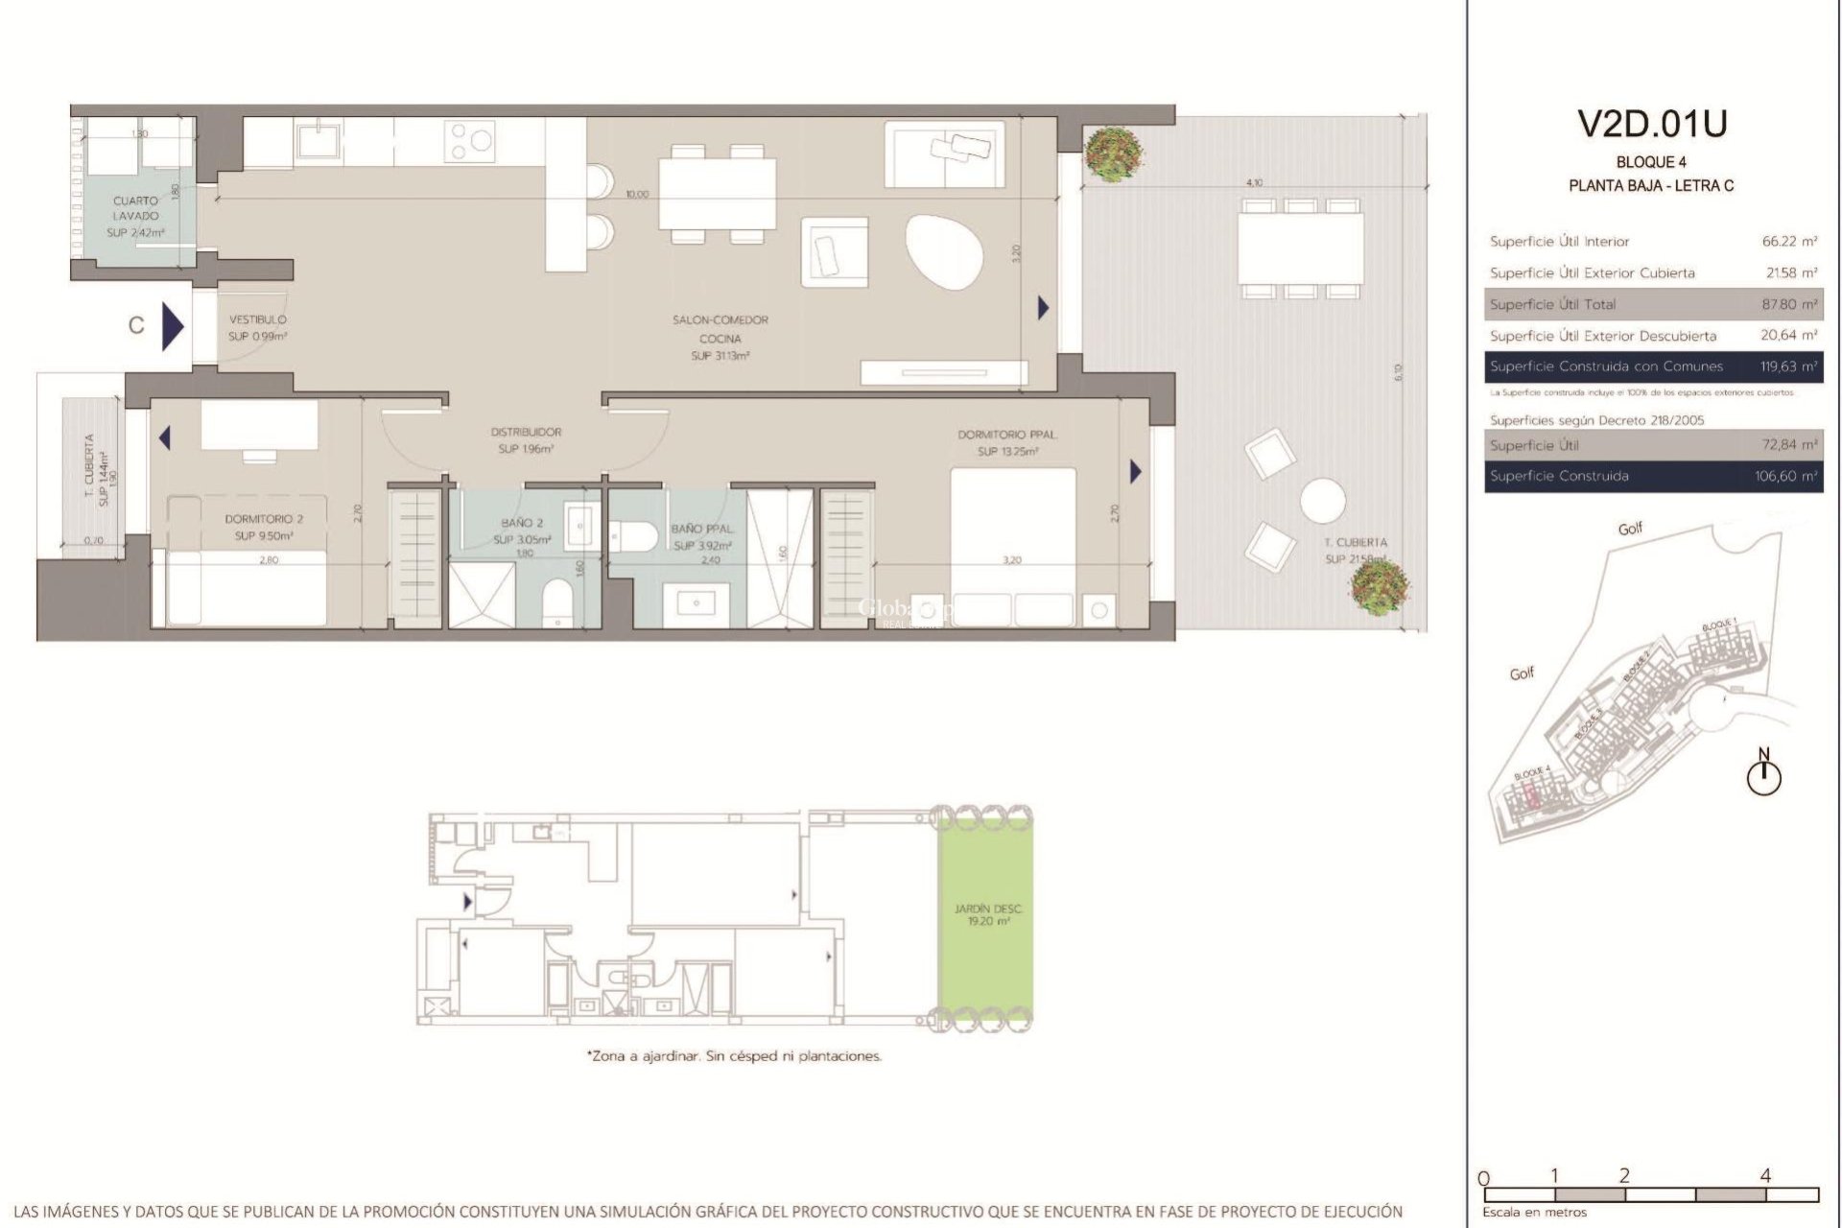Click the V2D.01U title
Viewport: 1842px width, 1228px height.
point(1652,124)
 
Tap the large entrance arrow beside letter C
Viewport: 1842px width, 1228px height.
point(172,326)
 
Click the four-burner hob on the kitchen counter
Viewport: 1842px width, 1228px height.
point(469,141)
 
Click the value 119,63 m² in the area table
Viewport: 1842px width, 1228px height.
point(1788,366)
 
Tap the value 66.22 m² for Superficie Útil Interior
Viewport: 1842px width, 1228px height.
point(1789,242)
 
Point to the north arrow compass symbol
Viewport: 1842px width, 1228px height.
point(1763,775)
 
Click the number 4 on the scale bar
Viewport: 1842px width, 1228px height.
point(1765,1175)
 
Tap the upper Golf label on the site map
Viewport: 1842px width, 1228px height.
point(1630,528)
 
